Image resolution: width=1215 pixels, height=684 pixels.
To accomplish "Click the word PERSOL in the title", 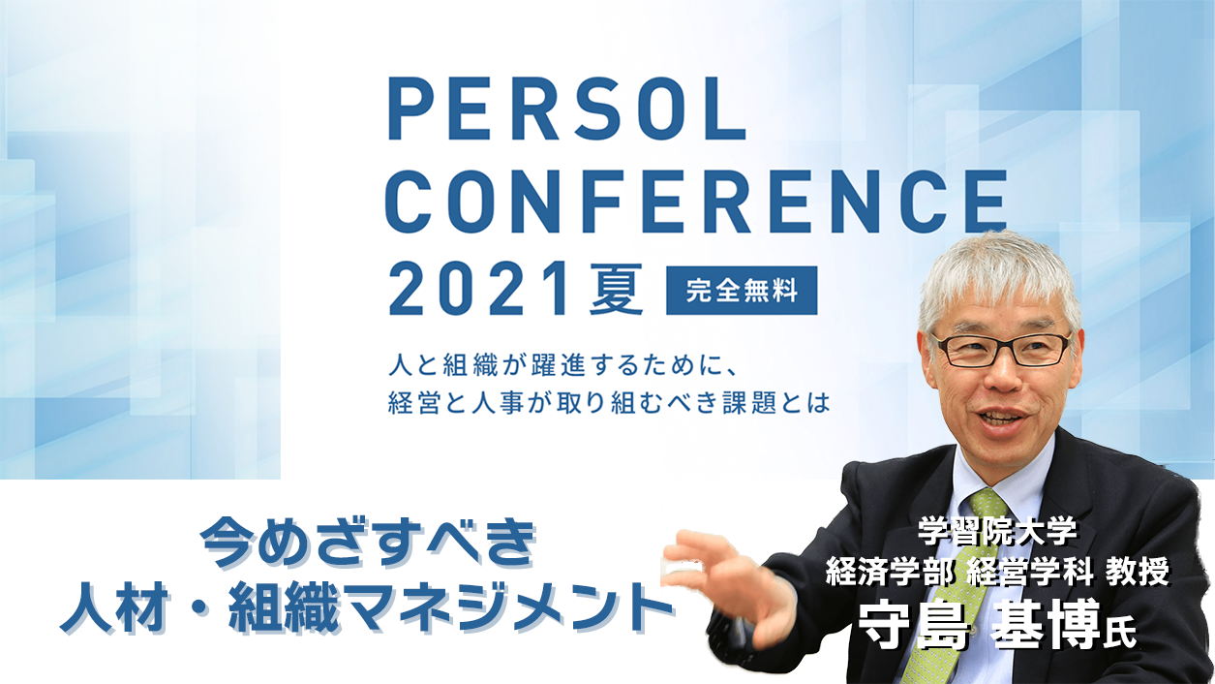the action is (566, 109).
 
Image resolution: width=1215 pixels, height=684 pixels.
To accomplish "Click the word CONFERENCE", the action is (696, 202).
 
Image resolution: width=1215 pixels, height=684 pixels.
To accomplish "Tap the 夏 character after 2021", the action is (616, 289).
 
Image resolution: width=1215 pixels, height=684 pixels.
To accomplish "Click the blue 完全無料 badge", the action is (742, 291).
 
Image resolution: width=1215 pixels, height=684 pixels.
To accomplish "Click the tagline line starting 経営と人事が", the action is (609, 403).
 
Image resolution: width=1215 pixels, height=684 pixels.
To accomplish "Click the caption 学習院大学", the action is (997, 531).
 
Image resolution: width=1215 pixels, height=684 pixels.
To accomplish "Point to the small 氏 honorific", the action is (1119, 634).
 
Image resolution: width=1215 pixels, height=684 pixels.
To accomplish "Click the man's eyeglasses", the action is (1002, 350).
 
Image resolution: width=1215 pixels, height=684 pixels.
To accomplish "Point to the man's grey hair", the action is (998, 277).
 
